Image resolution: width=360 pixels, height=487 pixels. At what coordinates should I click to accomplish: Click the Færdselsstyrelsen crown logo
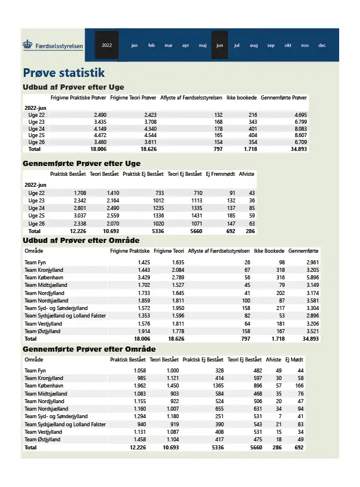pyautogui.click(x=28, y=45)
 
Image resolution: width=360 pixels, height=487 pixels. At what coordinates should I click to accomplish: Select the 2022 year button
pyautogui.click(x=106, y=45)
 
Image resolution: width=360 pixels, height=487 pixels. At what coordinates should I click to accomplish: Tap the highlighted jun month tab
pyautogui.click(x=219, y=45)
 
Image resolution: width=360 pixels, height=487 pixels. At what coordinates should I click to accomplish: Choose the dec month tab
pyautogui.click(x=322, y=45)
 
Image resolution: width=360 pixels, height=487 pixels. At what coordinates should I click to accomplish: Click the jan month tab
pyautogui.click(x=134, y=45)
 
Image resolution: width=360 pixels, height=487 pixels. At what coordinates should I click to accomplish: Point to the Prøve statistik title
pyautogui.click(x=64, y=73)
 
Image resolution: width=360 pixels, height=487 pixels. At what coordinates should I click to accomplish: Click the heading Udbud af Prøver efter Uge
pyautogui.click(x=73, y=87)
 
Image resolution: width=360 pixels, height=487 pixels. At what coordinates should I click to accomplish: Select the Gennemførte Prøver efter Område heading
pyautogui.click(x=89, y=349)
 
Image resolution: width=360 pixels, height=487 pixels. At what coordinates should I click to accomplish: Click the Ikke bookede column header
pyautogui.click(x=241, y=98)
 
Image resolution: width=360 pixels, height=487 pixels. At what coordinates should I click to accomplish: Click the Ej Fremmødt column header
pyautogui.click(x=221, y=174)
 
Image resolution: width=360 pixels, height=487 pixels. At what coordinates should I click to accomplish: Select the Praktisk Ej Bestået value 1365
pyautogui.click(x=215, y=386)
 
